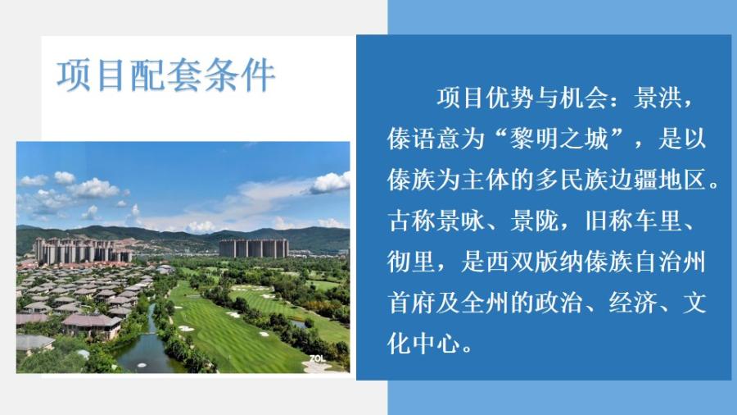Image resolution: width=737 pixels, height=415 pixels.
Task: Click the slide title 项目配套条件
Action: coord(165,75)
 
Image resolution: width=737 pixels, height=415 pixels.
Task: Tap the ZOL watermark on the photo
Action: coord(317,358)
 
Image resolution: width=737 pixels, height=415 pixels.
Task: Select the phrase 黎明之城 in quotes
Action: coord(560,139)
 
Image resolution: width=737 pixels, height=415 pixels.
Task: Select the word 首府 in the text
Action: coord(412,303)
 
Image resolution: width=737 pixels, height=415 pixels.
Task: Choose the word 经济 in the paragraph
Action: coord(633,303)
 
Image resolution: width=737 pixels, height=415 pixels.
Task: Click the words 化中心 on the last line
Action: coord(424,344)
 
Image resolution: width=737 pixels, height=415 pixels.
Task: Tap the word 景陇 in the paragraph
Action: coord(535,221)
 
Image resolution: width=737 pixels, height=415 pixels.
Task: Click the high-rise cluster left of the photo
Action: coord(83,250)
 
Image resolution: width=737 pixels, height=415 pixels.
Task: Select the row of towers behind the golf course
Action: coord(254,248)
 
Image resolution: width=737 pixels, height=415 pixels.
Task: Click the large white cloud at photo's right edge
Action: coord(331,183)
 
